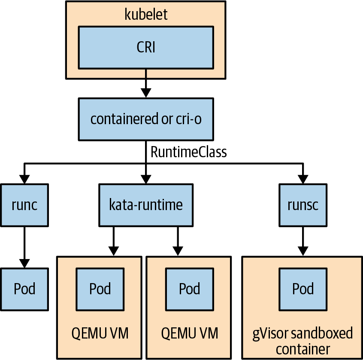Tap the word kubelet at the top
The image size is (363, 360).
coord(146,14)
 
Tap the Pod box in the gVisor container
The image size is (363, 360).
coord(303,289)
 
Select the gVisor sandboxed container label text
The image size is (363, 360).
coord(303,340)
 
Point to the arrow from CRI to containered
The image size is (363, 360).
coord(145,84)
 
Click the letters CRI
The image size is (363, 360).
coord(145,47)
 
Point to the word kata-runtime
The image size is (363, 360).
coord(145,205)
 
